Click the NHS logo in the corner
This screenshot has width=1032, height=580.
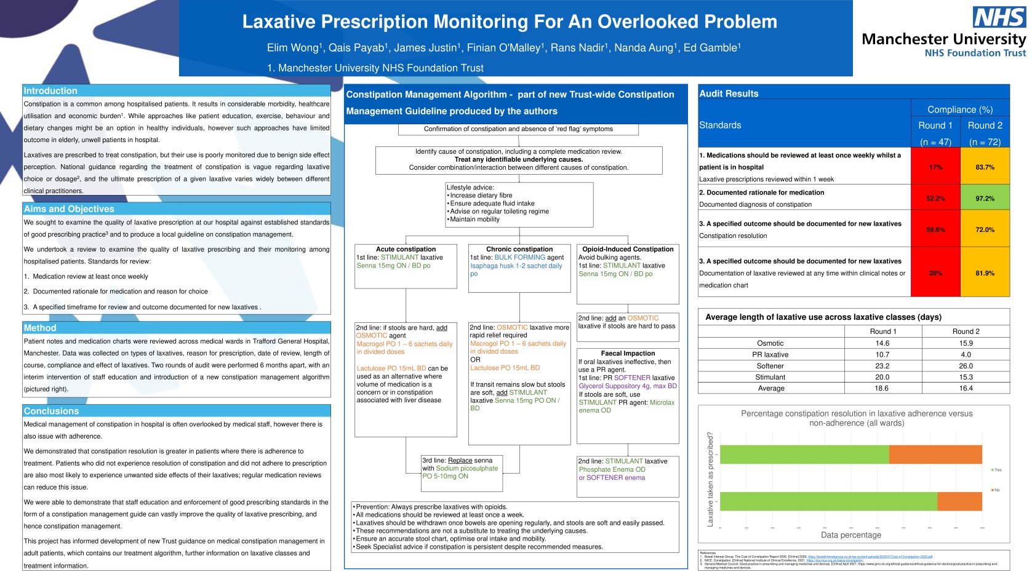tap(998, 17)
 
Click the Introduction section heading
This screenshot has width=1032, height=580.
tap(50, 91)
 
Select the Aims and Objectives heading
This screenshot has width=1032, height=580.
tap(69, 209)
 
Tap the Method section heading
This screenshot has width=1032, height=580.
tap(40, 328)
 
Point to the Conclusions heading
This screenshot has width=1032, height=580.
tap(51, 411)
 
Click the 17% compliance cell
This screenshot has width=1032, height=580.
tap(935, 167)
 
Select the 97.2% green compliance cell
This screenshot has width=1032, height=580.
tap(985, 199)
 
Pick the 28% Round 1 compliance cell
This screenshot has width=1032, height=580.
tap(935, 273)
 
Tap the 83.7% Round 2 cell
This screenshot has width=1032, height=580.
tap(985, 167)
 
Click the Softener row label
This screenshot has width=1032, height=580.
tap(770, 366)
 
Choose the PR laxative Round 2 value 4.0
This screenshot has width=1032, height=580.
tap(966, 355)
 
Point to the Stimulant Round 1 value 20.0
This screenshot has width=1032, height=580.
tap(882, 377)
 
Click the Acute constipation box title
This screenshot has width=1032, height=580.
tap(406, 249)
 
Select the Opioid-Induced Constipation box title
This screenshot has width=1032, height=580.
tap(628, 249)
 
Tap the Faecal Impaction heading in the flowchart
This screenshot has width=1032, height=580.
tap(628, 354)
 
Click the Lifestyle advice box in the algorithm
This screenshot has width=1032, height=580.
tap(519, 204)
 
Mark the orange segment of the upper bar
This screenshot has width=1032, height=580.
tap(935, 455)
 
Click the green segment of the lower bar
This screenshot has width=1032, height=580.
tap(828, 501)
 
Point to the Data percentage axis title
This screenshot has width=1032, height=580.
tap(850, 535)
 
